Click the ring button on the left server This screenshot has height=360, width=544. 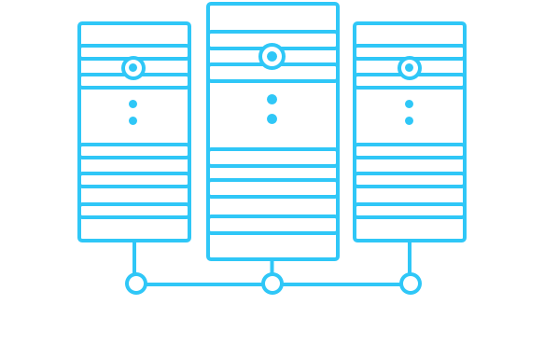[133, 68]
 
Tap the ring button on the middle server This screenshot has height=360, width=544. [272, 57]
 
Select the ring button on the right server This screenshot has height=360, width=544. [409, 68]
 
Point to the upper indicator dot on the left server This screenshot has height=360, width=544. [133, 104]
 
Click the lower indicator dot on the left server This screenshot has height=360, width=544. [133, 120]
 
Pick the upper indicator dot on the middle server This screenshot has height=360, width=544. [272, 99]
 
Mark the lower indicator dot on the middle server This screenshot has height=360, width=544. [272, 118]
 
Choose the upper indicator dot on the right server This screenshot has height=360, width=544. [409, 104]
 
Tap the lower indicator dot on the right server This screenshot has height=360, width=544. [409, 120]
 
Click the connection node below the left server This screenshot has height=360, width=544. [136, 283]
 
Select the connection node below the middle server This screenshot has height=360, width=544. [272, 283]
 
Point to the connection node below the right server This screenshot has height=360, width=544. [410, 283]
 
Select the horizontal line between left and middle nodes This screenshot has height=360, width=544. [203, 284]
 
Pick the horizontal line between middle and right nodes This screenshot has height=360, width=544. [341, 284]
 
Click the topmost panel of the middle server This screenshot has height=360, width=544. [272, 18]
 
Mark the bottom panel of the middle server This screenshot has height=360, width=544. [272, 246]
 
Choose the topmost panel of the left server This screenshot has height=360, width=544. [133, 35]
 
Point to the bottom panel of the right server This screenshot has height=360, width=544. [409, 229]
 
